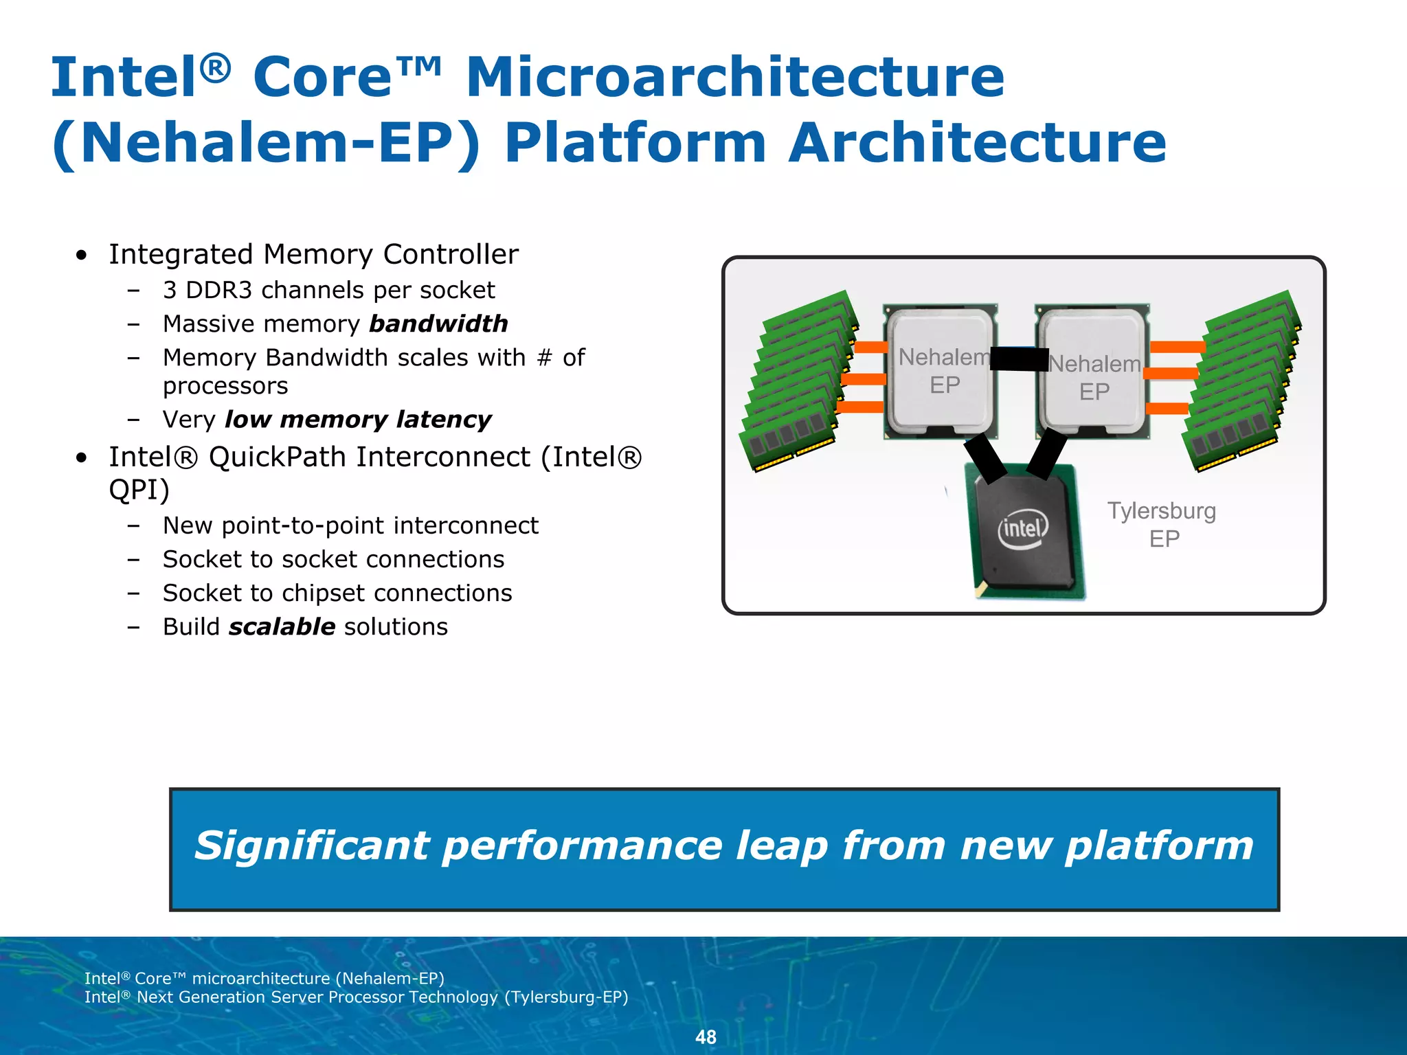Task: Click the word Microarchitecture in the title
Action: pyautogui.click(x=735, y=77)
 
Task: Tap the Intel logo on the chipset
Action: pyautogui.click(x=1023, y=528)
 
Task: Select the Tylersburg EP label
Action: pyautogui.click(x=1162, y=524)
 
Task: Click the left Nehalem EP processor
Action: pyautogui.click(x=941, y=371)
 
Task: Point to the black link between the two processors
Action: pyautogui.click(x=1019, y=359)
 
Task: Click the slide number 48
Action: pyautogui.click(x=706, y=1036)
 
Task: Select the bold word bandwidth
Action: pyautogui.click(x=438, y=324)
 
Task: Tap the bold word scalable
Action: pyautogui.click(x=282, y=626)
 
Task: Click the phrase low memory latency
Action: pyautogui.click(x=358, y=419)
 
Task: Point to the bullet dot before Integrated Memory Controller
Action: pyautogui.click(x=82, y=256)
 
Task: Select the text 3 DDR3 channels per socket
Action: pyautogui.click(x=328, y=290)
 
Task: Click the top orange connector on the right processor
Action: pyautogui.click(x=1177, y=347)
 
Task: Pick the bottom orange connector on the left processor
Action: pyautogui.click(x=860, y=407)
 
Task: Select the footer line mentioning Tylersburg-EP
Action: pyautogui.click(x=356, y=997)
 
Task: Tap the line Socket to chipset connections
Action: pyautogui.click(x=337, y=593)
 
